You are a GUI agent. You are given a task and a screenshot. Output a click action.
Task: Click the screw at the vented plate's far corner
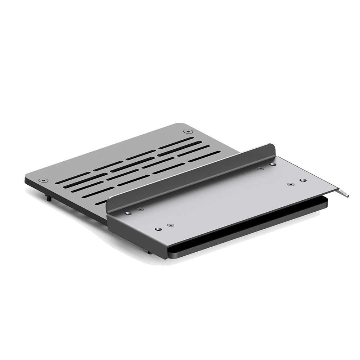[186, 132]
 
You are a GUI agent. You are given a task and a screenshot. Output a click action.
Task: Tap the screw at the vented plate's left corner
[44, 180]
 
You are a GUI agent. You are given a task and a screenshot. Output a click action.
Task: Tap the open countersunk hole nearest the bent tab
[302, 179]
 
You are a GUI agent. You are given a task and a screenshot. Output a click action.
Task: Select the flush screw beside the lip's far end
[260, 168]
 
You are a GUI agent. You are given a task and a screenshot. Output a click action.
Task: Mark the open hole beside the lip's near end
[127, 212]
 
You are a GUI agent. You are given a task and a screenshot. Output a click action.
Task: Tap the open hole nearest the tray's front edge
[157, 228]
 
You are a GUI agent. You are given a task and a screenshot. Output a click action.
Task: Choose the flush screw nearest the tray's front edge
[170, 224]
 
